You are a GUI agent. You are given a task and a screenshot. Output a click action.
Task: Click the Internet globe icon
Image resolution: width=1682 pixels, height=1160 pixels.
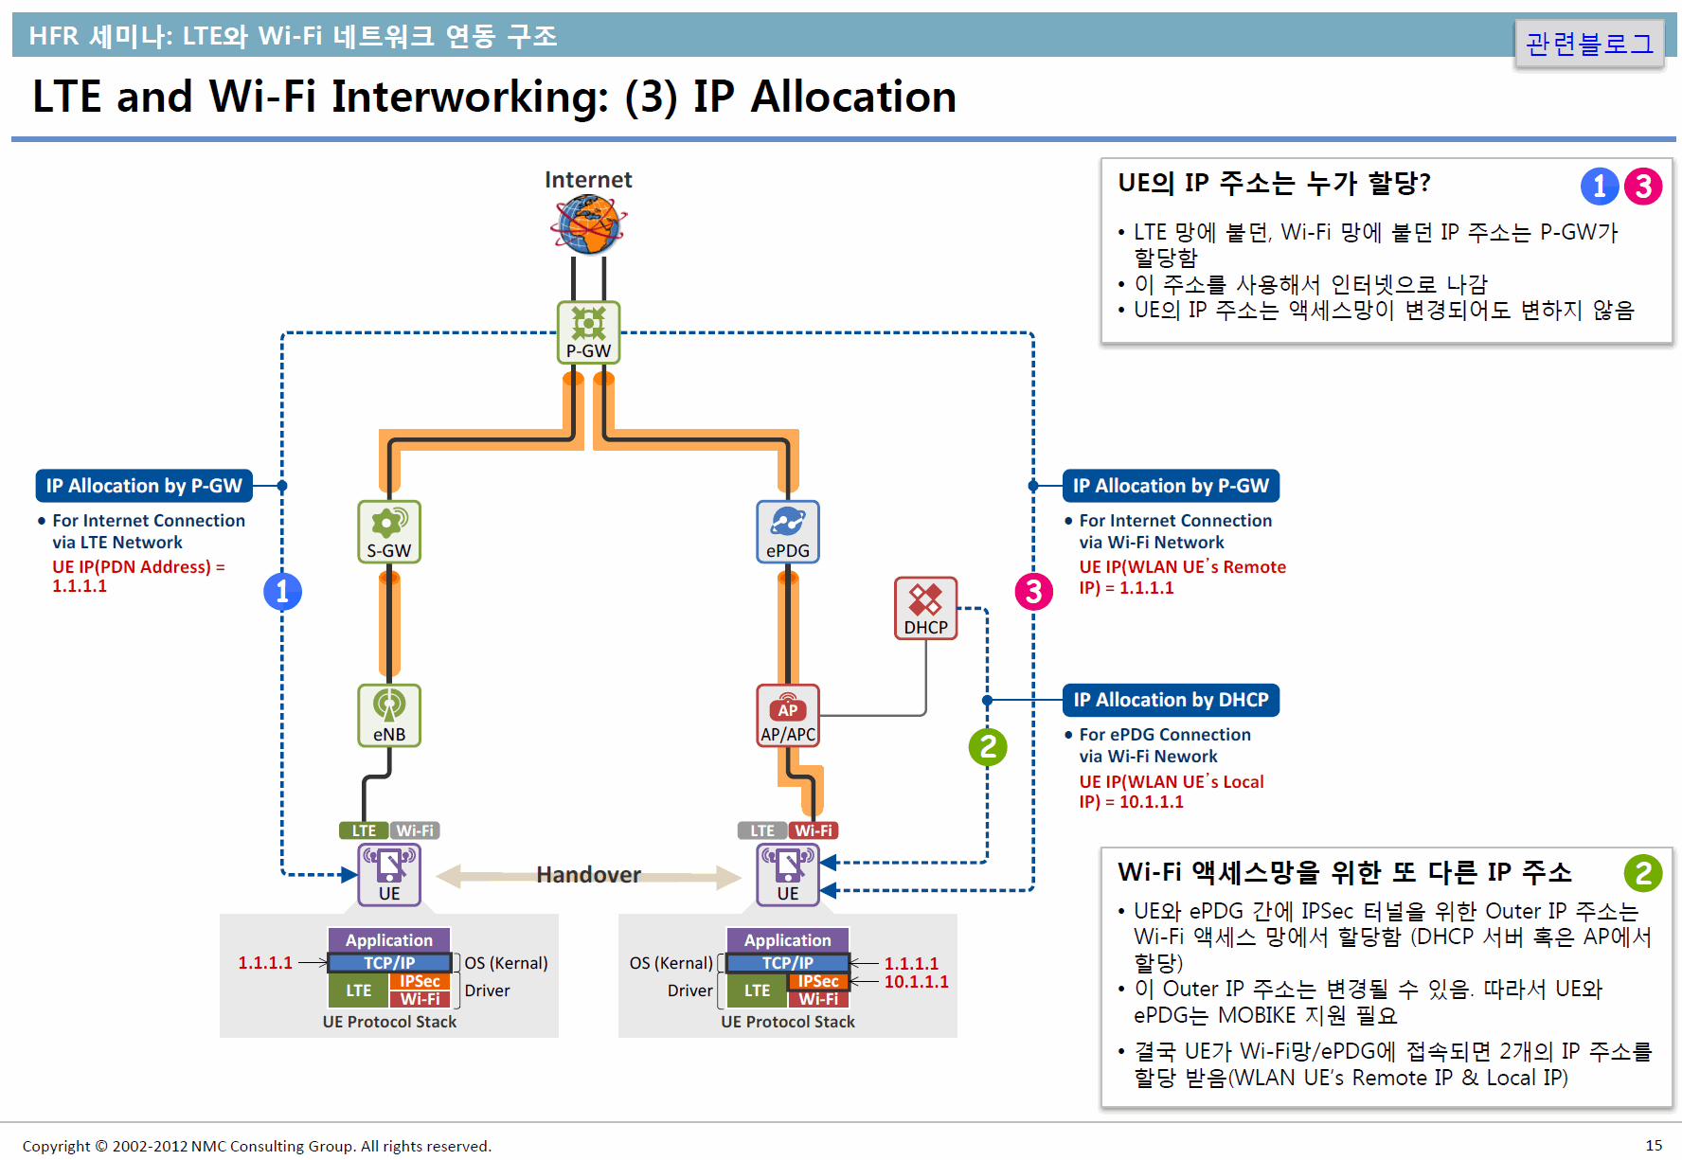[x=588, y=224]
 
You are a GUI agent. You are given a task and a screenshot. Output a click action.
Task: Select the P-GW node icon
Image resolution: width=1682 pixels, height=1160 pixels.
[x=588, y=332]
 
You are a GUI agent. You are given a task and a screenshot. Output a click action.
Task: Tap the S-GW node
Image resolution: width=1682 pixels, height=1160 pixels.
[x=389, y=532]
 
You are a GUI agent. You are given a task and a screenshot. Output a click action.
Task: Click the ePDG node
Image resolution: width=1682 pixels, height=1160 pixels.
[x=788, y=532]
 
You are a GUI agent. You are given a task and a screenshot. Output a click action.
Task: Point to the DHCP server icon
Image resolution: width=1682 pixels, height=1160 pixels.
[x=926, y=609]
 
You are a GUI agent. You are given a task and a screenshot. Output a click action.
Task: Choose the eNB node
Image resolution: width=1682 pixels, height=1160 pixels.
[x=389, y=716]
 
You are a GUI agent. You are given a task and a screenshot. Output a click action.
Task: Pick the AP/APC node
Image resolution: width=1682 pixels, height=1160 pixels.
[x=788, y=716]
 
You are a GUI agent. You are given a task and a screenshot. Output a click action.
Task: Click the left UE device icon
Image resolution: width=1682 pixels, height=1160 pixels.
[x=389, y=875]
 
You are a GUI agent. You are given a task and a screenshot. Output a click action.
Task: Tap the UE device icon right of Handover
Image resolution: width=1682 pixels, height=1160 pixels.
[x=788, y=875]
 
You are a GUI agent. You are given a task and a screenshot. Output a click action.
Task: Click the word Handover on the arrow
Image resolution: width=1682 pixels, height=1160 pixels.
[x=588, y=875]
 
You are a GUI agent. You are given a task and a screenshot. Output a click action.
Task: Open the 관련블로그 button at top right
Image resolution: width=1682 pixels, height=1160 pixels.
[x=1589, y=44]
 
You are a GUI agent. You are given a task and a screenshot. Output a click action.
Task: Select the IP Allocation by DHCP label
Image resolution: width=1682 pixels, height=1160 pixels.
[x=1171, y=700]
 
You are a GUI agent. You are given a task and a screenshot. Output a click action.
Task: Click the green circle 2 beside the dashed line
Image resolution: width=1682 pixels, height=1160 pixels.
[x=988, y=747]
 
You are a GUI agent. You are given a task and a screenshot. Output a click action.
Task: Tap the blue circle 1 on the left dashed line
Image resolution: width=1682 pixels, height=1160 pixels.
[x=282, y=592]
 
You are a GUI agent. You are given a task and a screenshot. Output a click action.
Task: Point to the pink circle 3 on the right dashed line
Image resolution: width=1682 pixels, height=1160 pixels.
[x=1034, y=592]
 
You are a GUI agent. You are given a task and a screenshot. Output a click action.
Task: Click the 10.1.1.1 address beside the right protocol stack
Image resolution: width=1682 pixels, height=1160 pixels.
[x=916, y=982]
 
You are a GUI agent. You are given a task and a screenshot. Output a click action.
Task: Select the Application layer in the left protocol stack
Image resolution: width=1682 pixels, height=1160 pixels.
[x=389, y=940]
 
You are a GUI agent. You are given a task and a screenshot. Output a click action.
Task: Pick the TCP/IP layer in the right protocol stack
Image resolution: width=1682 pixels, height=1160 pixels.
[x=788, y=963]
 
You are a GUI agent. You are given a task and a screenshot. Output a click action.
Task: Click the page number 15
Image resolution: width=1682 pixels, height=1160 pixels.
[x=1654, y=1146]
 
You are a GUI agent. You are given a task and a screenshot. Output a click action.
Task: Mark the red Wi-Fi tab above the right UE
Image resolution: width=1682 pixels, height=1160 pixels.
[x=814, y=830]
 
